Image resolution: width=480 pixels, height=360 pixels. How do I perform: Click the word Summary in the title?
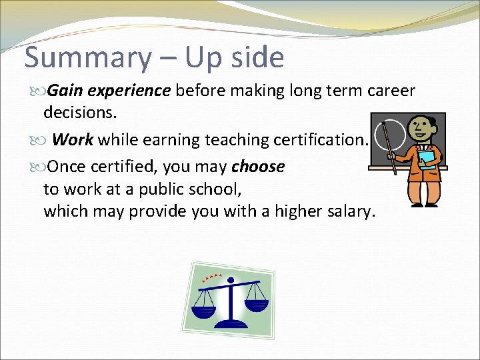(x=88, y=59)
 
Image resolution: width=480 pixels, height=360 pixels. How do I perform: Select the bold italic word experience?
(x=128, y=91)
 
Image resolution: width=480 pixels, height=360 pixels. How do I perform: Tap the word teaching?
(x=235, y=140)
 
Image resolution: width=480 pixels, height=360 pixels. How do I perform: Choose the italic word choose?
(x=258, y=167)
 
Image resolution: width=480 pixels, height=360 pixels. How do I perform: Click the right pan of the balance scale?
(x=256, y=303)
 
